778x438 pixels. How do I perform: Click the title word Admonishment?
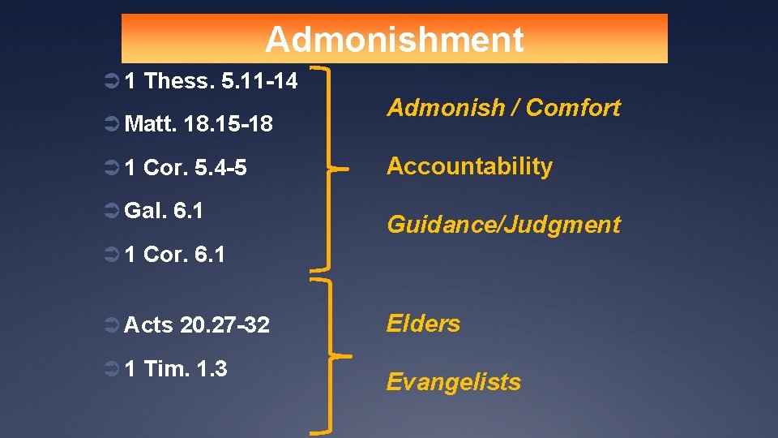(x=394, y=39)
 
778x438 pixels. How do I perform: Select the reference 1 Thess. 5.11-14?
(x=211, y=81)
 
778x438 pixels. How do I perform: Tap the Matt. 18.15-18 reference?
(x=199, y=124)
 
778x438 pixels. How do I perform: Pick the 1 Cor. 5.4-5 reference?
(x=186, y=168)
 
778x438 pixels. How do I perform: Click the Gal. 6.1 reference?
(x=164, y=211)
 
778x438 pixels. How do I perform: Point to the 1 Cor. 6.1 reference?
(x=175, y=255)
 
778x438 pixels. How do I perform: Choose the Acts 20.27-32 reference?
(x=197, y=324)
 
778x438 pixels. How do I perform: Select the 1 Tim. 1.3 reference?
(x=176, y=368)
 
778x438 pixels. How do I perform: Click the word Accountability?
(x=469, y=166)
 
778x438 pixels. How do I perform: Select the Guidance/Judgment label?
(x=503, y=225)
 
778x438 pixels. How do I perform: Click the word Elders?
(x=423, y=324)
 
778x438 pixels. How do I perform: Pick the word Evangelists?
(x=453, y=382)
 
